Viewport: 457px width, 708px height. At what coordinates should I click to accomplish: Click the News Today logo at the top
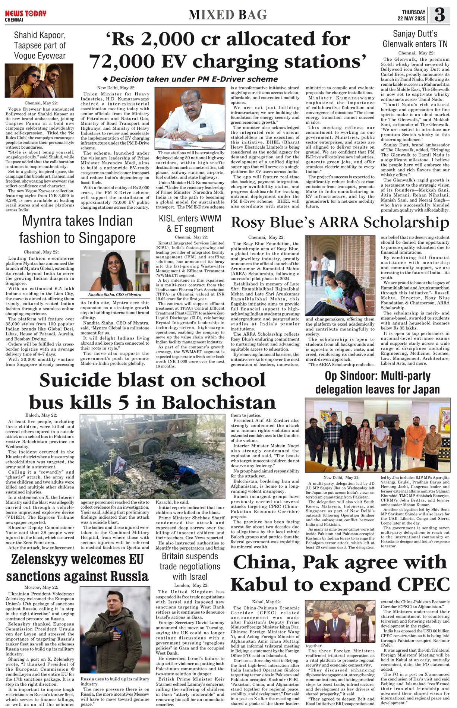coord(25,14)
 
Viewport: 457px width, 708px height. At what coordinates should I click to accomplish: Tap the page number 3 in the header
coord(439,15)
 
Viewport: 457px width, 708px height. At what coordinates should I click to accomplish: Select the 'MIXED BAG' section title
coord(227,15)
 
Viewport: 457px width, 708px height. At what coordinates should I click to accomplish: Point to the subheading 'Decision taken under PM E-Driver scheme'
coord(190,79)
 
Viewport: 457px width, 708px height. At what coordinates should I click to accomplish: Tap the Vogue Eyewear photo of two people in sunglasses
coord(39,80)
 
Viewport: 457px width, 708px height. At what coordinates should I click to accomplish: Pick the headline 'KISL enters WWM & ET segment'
coord(190,223)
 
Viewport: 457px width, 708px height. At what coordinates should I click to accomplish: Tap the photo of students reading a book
coord(340,276)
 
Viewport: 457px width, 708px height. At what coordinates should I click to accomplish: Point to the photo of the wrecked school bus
coord(152,456)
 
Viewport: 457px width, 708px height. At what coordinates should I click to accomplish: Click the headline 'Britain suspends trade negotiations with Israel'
coord(190,566)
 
